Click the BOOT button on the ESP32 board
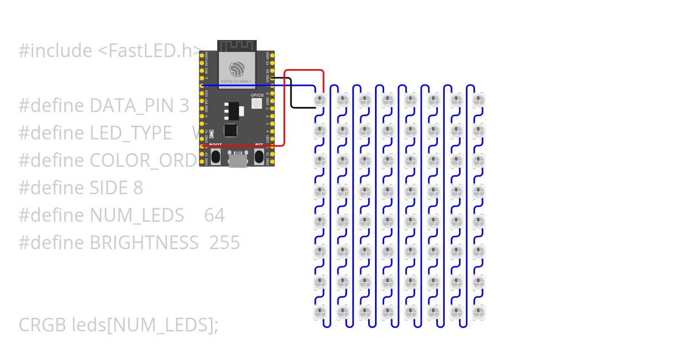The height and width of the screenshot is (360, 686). pyautogui.click(x=216, y=156)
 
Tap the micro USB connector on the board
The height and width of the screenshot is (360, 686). pyautogui.click(x=238, y=159)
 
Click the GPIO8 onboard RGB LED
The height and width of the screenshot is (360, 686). pyautogui.click(x=257, y=104)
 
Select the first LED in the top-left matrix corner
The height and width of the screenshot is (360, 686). pyautogui.click(x=320, y=101)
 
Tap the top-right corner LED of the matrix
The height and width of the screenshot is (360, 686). pyautogui.click(x=480, y=101)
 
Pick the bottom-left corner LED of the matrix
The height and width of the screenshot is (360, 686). pyautogui.click(x=320, y=312)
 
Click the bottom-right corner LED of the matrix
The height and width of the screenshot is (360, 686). pyautogui.click(x=480, y=312)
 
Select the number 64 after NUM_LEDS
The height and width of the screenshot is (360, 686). pyautogui.click(x=214, y=215)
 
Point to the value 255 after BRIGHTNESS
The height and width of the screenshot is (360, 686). pyautogui.click(x=225, y=243)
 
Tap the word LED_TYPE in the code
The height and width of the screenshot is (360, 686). pyautogui.click(x=130, y=133)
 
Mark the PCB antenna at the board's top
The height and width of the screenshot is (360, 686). pyautogui.click(x=238, y=46)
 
